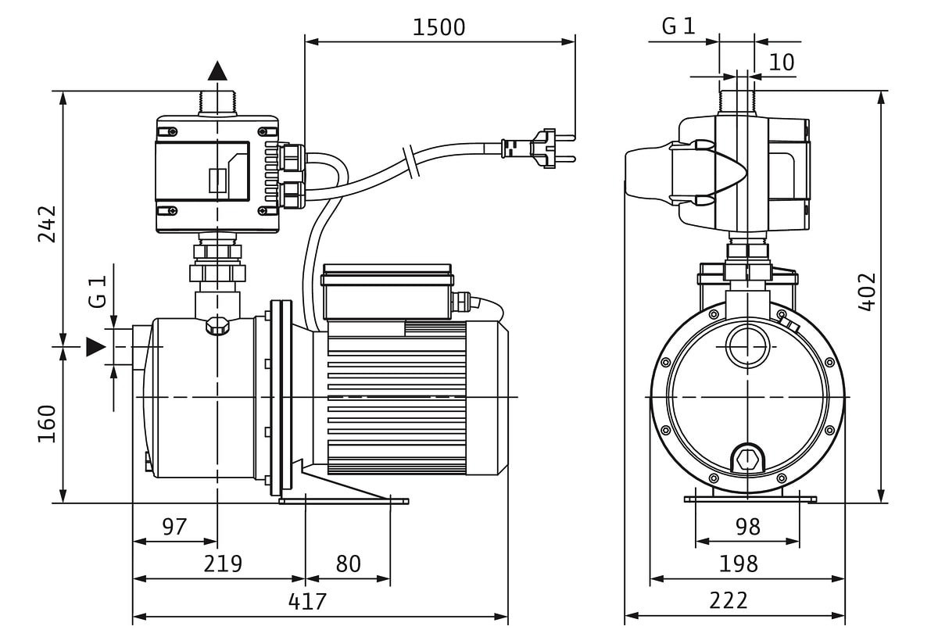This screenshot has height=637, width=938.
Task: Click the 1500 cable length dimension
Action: (439, 27)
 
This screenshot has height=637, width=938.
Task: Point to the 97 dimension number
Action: (174, 527)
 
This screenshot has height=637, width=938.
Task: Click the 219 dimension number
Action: (223, 564)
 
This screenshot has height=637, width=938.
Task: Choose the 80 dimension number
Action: (348, 564)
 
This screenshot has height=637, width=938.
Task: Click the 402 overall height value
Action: (867, 292)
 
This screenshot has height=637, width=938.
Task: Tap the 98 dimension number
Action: (747, 527)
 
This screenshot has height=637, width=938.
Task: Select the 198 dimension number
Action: (739, 564)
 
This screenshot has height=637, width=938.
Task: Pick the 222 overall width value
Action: (729, 600)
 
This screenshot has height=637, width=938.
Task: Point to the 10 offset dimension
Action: (781, 63)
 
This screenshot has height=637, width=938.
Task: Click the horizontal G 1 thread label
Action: (678, 27)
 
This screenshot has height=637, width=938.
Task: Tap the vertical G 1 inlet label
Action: (98, 291)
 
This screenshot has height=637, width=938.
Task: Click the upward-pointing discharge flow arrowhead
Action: (217, 71)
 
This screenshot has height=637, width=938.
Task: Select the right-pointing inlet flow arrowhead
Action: (95, 346)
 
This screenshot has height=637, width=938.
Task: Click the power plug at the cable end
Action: (539, 149)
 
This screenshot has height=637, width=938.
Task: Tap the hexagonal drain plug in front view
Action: (747, 459)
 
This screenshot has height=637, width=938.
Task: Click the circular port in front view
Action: (747, 346)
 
